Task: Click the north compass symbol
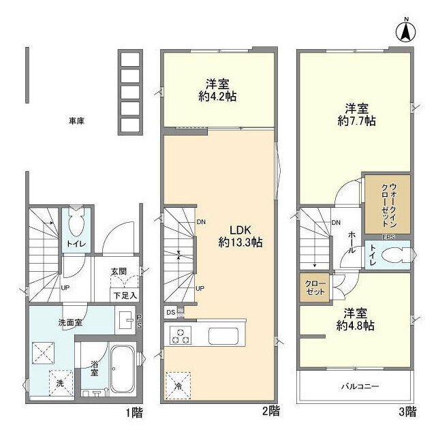pos(405,31)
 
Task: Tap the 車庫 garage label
pos(76,121)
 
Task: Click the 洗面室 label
pos(69,322)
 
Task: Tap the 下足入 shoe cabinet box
pos(125,296)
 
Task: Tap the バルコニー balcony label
pos(360,387)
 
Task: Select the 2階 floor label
pos(270,411)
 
